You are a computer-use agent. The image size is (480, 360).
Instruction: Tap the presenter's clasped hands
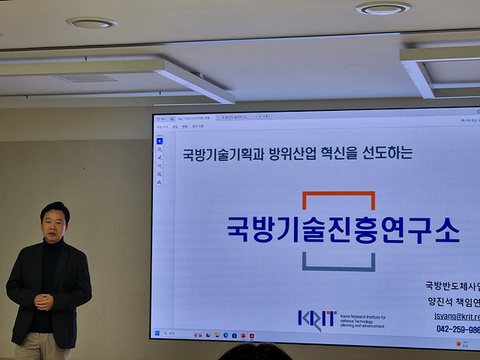click(x=44, y=301)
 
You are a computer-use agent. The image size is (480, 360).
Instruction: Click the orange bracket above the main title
click(x=339, y=196)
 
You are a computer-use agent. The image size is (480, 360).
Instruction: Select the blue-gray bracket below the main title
click(x=339, y=263)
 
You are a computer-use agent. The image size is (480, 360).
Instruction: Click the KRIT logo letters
click(x=316, y=318)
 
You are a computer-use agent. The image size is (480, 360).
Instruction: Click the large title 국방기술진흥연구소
click(x=343, y=229)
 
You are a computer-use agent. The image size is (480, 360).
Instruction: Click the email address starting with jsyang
click(x=457, y=316)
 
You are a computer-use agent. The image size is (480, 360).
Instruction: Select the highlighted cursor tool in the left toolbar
click(x=159, y=140)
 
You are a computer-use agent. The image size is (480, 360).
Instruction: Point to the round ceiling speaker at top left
click(x=91, y=22)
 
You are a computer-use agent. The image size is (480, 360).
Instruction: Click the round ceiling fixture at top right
click(x=382, y=8)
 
